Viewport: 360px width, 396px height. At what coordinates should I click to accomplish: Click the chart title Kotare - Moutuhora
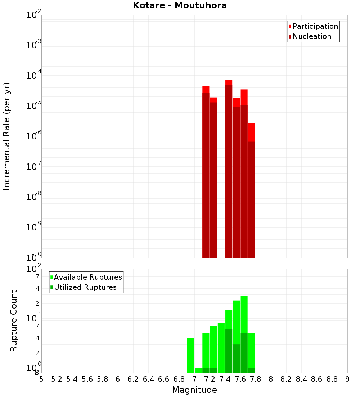(180, 5)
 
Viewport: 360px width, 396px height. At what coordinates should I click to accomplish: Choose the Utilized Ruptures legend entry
(85, 287)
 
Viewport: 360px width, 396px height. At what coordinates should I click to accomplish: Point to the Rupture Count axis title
(14, 321)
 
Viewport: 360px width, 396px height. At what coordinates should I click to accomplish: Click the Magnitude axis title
(194, 390)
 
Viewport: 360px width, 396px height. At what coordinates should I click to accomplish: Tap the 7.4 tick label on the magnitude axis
(225, 379)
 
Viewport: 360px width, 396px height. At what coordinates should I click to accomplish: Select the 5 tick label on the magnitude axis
(41, 379)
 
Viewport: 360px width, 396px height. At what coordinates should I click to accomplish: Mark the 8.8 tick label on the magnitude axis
(332, 379)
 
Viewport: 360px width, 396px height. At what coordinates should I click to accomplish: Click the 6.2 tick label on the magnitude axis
(133, 379)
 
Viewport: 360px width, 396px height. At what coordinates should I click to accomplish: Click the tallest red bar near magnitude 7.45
(229, 169)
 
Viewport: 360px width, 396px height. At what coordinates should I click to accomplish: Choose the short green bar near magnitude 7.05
(198, 370)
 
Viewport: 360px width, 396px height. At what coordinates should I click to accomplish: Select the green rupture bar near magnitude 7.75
(252, 351)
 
